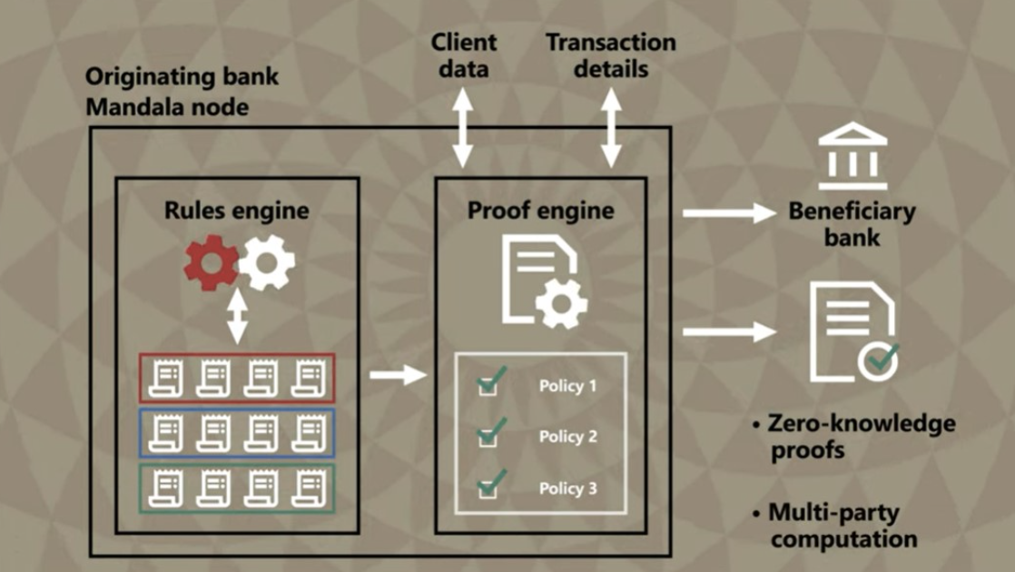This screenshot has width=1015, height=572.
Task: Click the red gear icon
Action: (211, 262)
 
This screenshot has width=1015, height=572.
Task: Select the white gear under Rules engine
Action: (267, 262)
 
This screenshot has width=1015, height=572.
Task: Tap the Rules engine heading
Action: (236, 211)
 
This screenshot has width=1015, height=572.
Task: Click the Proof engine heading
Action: (540, 211)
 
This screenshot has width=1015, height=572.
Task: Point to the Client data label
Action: (464, 54)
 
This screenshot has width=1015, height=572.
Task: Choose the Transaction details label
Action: (610, 54)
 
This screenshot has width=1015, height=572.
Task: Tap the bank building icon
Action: (852, 157)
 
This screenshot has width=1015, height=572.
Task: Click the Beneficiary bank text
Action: (852, 224)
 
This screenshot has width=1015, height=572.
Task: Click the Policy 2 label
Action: (567, 437)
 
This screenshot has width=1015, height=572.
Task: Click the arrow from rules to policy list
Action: (398, 374)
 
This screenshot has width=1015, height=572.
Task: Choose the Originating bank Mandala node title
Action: (182, 92)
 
